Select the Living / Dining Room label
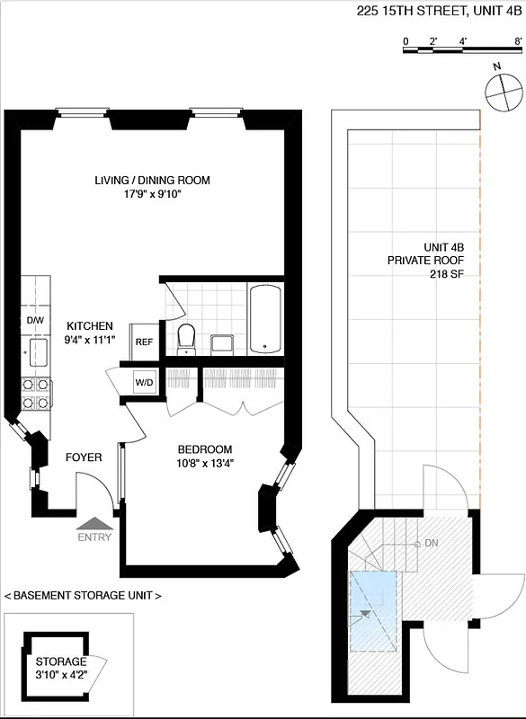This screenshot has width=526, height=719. [x=152, y=181]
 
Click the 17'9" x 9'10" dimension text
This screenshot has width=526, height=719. [x=152, y=195]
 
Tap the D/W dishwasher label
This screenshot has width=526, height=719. [x=35, y=321]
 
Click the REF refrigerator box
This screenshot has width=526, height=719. [x=144, y=342]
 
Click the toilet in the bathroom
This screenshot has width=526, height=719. [x=187, y=338]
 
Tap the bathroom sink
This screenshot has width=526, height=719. [x=221, y=343]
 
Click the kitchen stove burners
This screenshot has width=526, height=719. [x=36, y=393]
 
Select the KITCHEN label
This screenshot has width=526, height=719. [x=89, y=326]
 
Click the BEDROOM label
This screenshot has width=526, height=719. [x=204, y=450]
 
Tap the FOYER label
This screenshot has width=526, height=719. [x=84, y=457]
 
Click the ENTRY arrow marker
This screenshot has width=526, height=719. [x=94, y=524]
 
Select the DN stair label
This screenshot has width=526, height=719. [x=431, y=545]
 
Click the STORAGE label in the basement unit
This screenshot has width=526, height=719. [x=62, y=661]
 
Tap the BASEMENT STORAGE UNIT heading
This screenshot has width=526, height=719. [x=83, y=596]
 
